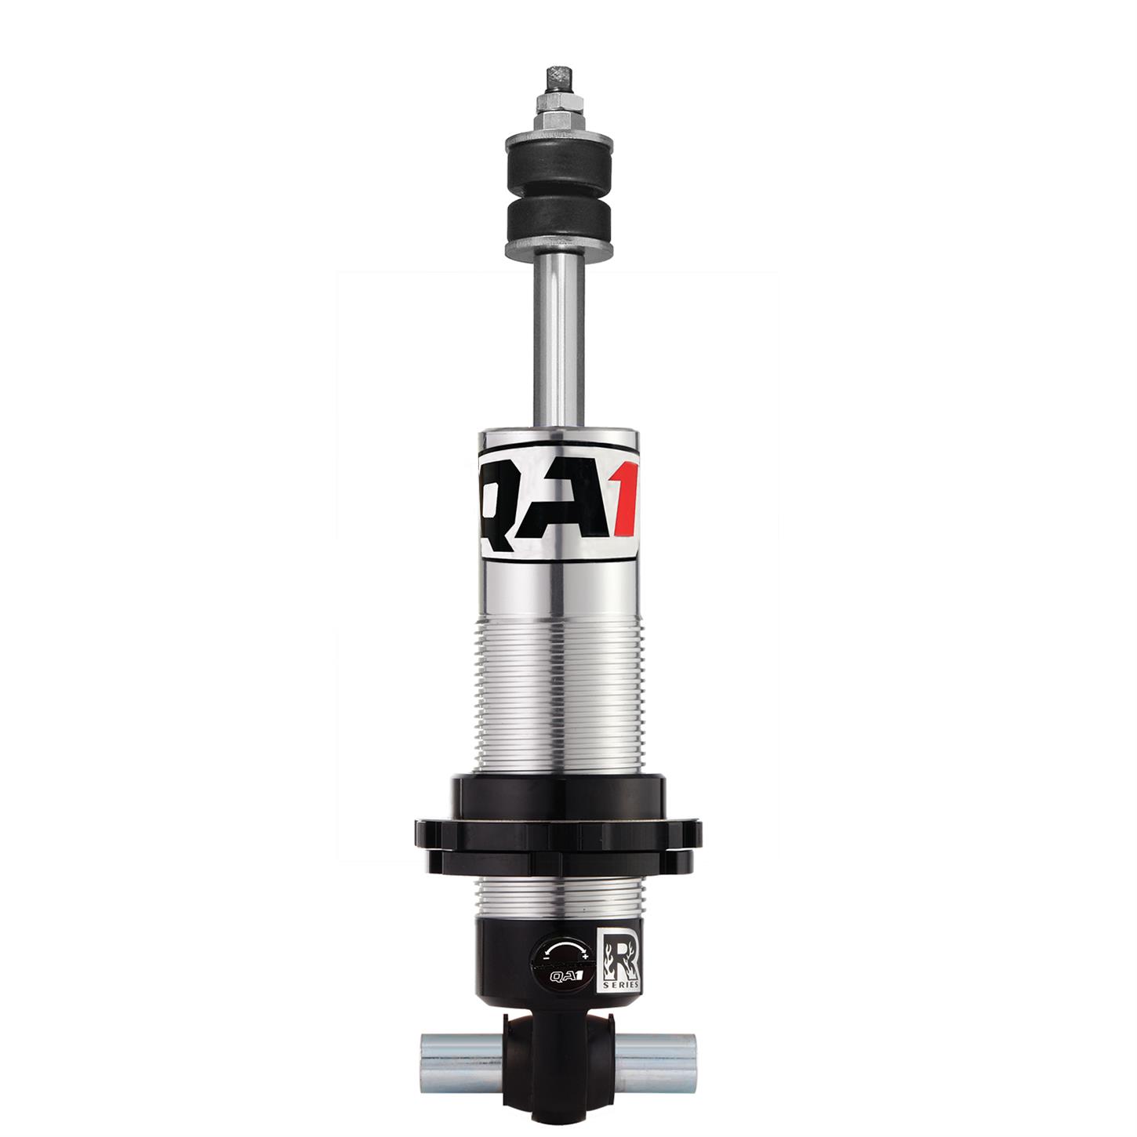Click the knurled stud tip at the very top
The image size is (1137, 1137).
coord(558,78)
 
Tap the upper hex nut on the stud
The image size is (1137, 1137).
coord(558,103)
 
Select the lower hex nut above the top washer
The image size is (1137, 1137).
coord(558,120)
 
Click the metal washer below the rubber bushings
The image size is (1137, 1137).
coord(558,249)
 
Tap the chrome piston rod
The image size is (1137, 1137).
coord(558,345)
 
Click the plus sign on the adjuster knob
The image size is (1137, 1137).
coord(585,957)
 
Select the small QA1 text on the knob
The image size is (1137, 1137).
coord(565,976)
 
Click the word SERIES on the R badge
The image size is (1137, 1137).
coord(620,984)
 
